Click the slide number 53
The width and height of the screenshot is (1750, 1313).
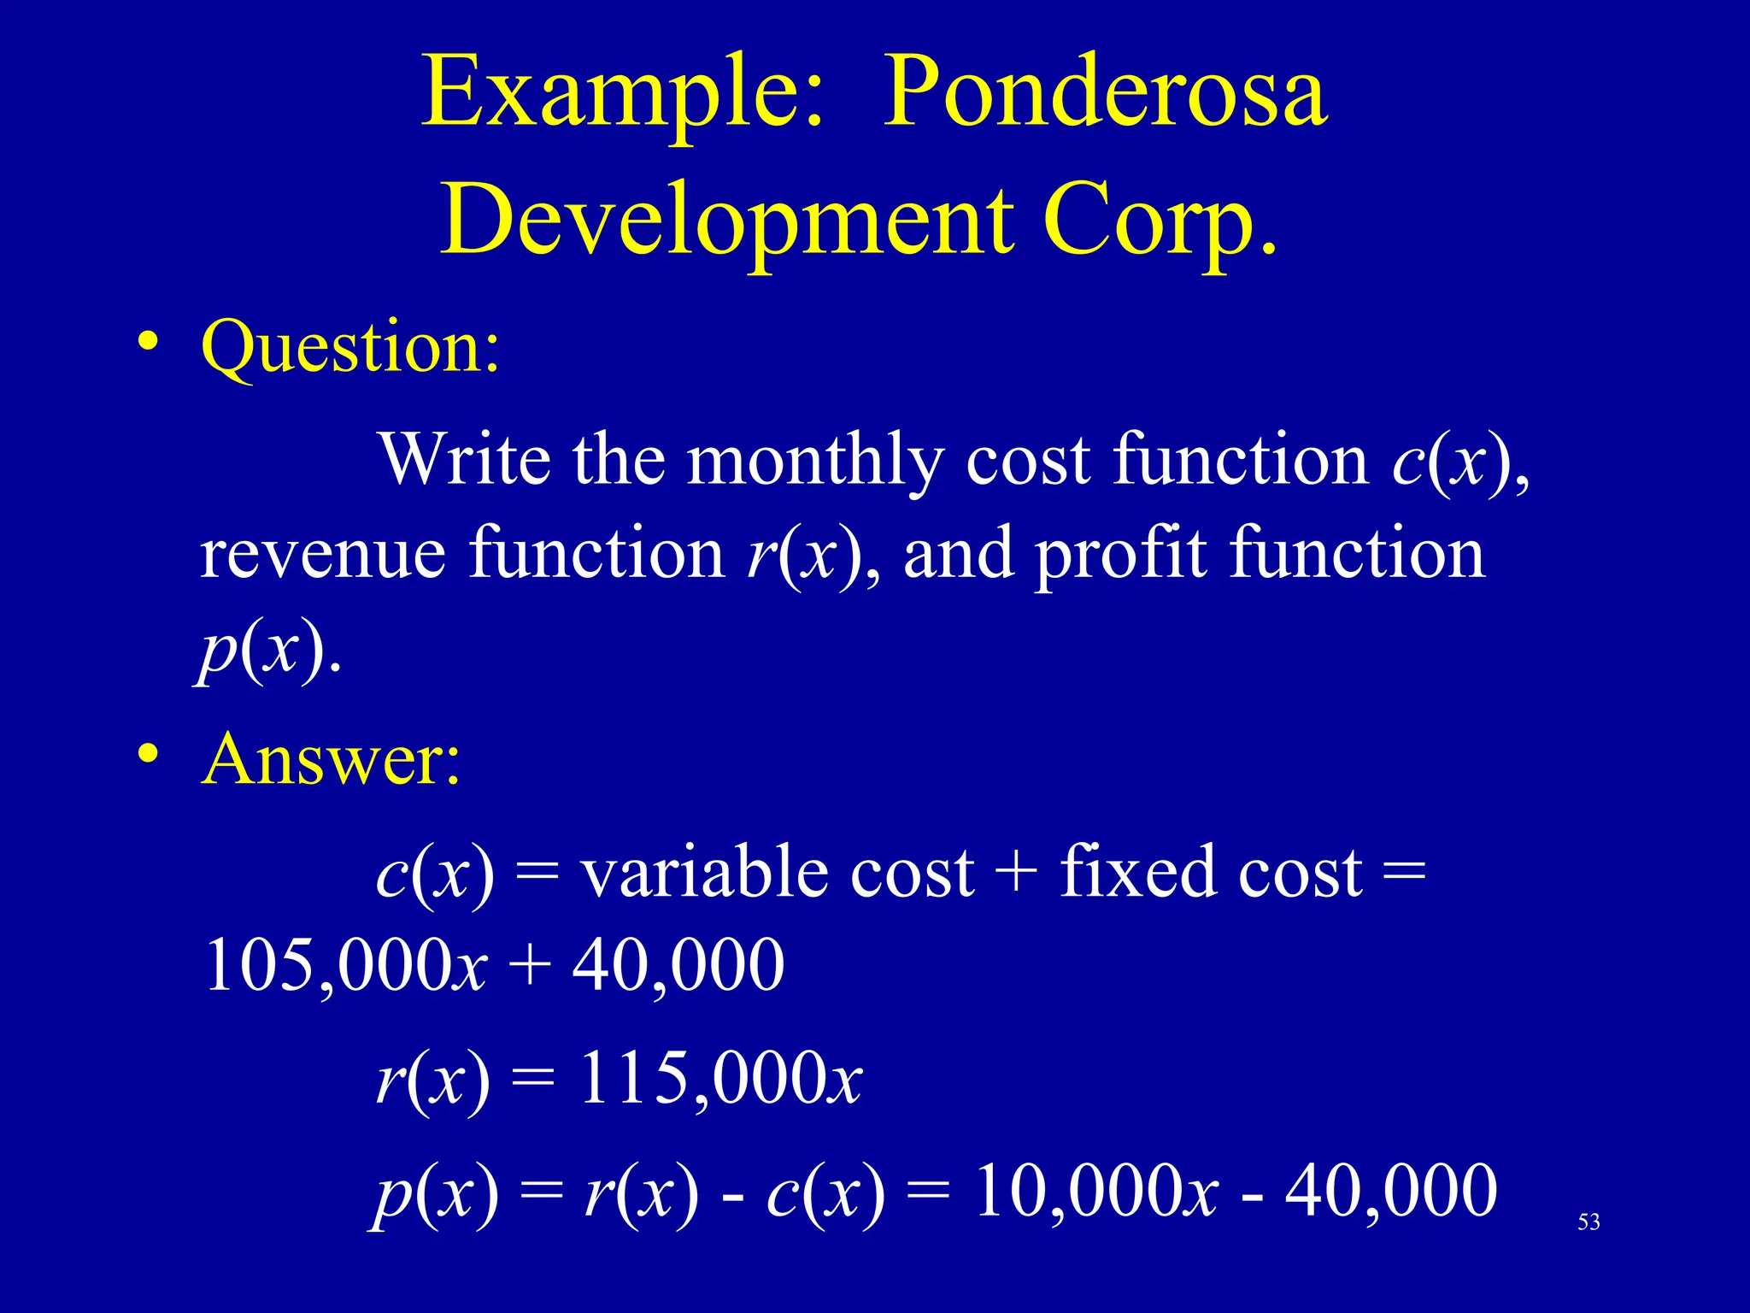point(1589,1222)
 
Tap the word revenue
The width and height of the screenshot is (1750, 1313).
point(323,554)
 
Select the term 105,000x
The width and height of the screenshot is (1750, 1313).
point(346,966)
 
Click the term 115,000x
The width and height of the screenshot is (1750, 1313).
point(721,1079)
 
